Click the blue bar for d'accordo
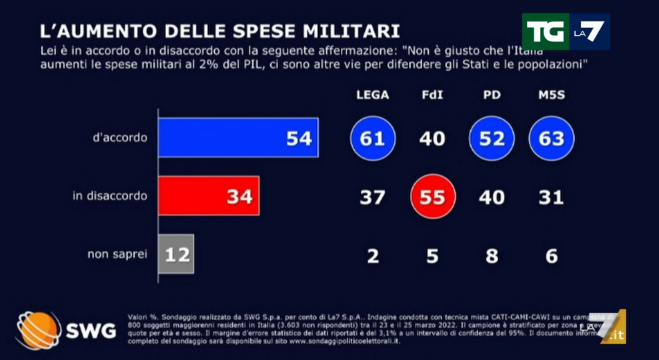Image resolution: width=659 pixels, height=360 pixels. [x=237, y=137]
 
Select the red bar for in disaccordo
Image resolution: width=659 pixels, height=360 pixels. [x=208, y=196]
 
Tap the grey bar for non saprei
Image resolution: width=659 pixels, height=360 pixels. [x=176, y=254]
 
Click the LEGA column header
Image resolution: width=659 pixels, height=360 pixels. [x=372, y=95]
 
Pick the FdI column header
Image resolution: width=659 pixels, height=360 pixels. [x=432, y=95]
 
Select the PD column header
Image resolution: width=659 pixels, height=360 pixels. [x=492, y=95]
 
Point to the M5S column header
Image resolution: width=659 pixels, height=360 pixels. [x=552, y=95]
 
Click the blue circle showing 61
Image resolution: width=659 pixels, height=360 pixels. [x=373, y=138]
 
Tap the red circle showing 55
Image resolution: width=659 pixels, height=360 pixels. [x=432, y=197]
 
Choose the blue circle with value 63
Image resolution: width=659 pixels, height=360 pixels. [x=552, y=138]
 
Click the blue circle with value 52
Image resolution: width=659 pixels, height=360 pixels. [x=492, y=138]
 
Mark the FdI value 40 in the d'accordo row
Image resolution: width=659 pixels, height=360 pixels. [x=432, y=138]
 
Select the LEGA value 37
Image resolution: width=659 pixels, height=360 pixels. [x=372, y=197]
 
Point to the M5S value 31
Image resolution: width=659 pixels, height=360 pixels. [x=552, y=197]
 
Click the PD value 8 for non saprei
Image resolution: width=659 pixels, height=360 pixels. [x=492, y=255]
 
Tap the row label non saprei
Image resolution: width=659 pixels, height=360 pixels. [x=117, y=255]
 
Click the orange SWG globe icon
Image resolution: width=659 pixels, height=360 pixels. [x=37, y=329]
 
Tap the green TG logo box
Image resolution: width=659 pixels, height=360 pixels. [x=545, y=31]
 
